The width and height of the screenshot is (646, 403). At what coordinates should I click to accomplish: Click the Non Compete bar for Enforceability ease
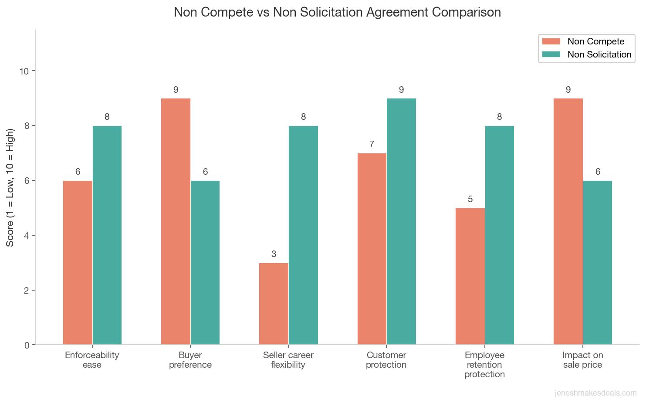(78, 263)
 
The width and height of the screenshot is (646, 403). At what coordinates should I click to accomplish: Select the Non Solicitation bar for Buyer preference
(205, 263)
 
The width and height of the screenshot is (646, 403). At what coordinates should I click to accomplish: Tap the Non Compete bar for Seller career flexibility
(274, 304)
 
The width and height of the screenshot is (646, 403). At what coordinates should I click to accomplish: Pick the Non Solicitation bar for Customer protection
(401, 221)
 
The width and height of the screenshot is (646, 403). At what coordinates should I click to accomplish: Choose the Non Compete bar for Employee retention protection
(470, 276)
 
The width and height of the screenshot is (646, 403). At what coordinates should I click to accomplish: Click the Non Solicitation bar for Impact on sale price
(598, 263)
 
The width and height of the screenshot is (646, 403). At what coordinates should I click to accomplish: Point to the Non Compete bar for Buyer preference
(176, 221)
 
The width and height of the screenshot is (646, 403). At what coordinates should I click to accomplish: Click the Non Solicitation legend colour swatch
(551, 54)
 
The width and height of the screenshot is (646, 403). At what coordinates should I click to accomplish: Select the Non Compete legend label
(595, 41)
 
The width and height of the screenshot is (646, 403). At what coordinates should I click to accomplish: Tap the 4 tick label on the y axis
(27, 235)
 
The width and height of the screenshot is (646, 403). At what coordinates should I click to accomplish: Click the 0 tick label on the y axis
(27, 345)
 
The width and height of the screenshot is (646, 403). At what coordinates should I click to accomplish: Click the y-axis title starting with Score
(10, 187)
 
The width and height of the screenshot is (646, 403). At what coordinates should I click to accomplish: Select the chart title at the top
(337, 12)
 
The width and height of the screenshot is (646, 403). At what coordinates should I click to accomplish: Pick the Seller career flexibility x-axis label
(288, 360)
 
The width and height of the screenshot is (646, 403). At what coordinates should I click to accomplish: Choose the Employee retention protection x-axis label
(484, 365)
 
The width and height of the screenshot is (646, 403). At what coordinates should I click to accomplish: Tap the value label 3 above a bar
(274, 254)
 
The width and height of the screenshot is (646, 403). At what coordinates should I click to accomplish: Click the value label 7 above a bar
(372, 144)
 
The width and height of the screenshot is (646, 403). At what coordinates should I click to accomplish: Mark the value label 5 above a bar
(470, 199)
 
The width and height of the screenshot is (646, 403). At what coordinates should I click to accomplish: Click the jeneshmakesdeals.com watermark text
(595, 393)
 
